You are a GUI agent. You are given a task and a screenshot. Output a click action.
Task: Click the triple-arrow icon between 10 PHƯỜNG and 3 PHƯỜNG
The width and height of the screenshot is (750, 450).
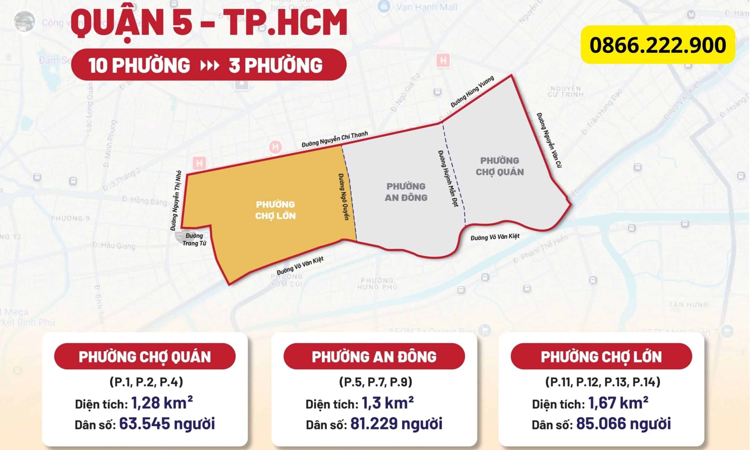click(x=210, y=66)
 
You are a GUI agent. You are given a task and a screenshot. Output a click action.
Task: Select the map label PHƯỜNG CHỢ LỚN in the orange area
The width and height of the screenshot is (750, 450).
click(x=275, y=210)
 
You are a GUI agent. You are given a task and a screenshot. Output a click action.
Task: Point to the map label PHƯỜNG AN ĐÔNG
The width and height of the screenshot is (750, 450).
click(x=406, y=192)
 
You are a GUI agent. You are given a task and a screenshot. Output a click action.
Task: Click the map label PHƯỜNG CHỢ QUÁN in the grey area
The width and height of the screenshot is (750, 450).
click(x=500, y=166)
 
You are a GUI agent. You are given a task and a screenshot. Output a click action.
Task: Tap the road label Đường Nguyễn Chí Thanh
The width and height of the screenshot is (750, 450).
click(x=335, y=139)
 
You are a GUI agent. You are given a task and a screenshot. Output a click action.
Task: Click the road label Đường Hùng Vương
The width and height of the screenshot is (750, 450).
click(x=472, y=92)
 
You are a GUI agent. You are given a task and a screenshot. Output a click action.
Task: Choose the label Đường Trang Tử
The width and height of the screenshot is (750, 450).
click(x=194, y=240)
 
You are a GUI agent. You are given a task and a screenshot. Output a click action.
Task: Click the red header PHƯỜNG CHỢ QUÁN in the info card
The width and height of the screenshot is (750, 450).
click(x=145, y=357)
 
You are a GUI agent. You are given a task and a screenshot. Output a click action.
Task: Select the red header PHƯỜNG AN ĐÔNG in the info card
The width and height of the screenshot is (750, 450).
click(x=374, y=357)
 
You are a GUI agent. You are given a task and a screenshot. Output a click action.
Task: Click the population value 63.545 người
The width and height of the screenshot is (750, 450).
click(x=167, y=424)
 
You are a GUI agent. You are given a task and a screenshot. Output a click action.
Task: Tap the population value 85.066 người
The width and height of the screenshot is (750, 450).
click(x=623, y=424)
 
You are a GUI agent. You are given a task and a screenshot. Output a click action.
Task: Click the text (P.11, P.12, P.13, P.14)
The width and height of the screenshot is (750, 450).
click(x=603, y=382)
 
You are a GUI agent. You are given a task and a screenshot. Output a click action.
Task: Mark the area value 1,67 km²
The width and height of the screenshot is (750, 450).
click(x=618, y=403)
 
